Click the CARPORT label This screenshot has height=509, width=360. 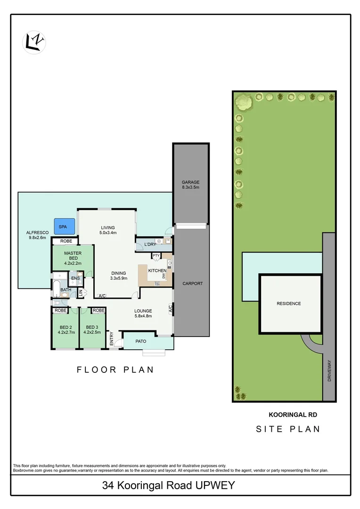coord(193,283)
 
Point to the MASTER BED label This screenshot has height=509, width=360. coord(73,256)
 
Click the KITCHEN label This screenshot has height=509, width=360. coord(157,271)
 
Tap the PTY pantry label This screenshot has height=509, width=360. coord(155,255)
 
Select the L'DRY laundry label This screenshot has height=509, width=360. coord(150,244)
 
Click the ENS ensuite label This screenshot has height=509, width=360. coord(75,278)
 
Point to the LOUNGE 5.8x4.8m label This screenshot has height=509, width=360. coord(143,313)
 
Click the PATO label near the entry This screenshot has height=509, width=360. coord(141,341)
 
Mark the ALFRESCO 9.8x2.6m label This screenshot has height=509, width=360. coord(37,235)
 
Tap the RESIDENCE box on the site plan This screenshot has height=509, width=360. coord(288,304)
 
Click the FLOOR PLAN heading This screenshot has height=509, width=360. coord(115,369)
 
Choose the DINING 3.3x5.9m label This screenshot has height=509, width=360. coord(119,276)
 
